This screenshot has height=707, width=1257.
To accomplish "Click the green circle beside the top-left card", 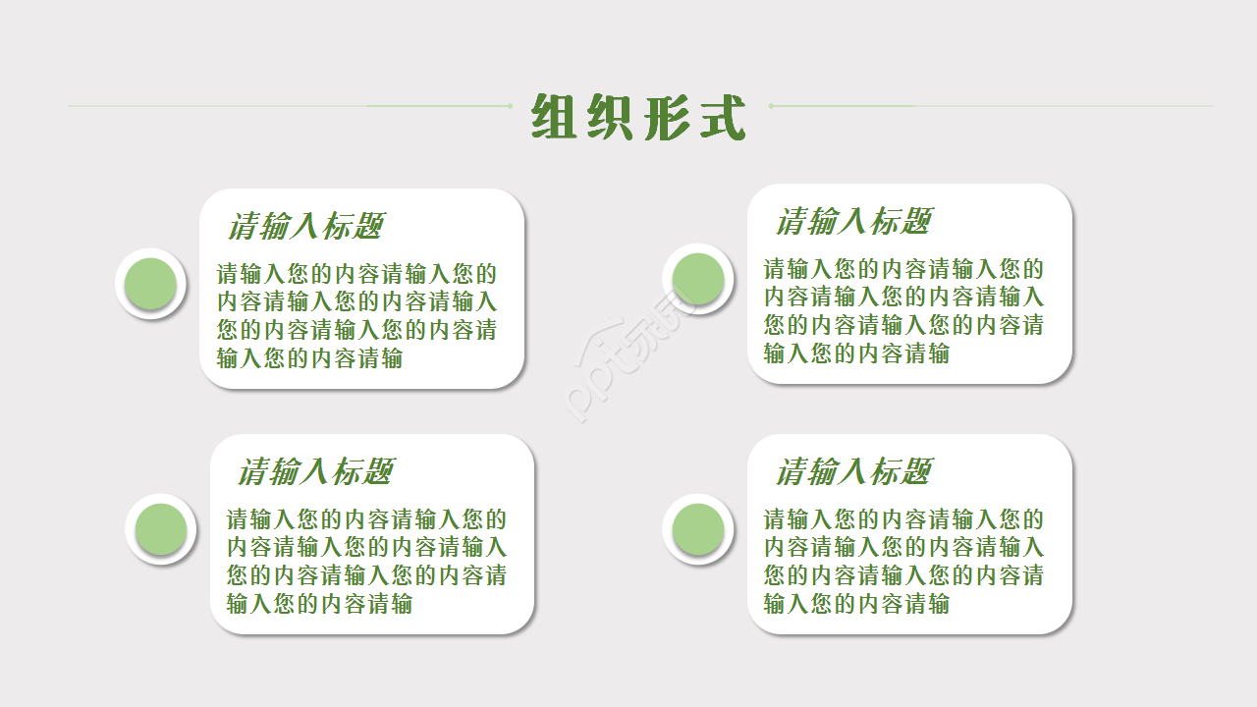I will [x=150, y=283].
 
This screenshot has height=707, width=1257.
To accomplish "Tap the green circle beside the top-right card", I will [x=698, y=278].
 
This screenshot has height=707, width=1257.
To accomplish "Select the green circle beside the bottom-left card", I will [x=160, y=528].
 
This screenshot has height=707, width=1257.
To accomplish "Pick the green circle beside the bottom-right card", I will [x=698, y=528].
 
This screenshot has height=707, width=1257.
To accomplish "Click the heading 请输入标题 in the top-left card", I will [x=305, y=227].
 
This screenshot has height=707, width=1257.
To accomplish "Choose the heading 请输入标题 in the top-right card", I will [x=853, y=222].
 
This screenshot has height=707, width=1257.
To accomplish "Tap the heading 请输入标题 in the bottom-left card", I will [x=315, y=472].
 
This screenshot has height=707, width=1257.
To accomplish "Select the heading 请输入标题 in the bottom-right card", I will [x=853, y=472].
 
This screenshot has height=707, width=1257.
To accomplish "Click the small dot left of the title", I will [x=509, y=105].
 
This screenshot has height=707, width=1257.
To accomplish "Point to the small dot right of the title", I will [x=772, y=105].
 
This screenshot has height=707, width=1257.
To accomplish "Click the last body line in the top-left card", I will [x=309, y=358].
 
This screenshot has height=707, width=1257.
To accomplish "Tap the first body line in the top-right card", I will [x=903, y=269].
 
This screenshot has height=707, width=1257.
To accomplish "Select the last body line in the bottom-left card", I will [x=319, y=604].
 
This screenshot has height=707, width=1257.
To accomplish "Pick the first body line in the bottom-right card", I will [x=903, y=519].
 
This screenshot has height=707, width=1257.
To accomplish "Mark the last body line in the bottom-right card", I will [x=856, y=604].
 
